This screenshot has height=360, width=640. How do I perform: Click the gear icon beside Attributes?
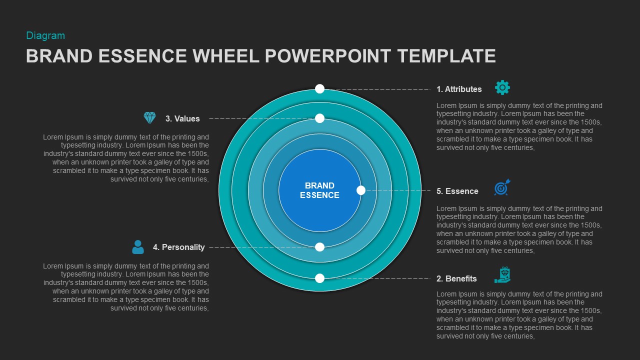(x=502, y=88)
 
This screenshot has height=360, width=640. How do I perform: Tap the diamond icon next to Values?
(x=149, y=118)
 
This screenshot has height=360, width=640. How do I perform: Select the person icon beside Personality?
(x=137, y=247)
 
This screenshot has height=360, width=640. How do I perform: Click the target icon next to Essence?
(x=502, y=187)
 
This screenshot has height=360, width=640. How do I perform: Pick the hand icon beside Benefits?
(x=502, y=275)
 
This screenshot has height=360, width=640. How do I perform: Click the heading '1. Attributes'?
(x=459, y=89)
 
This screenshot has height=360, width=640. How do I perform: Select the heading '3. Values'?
(x=182, y=119)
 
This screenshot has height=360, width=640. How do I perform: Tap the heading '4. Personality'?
(x=178, y=247)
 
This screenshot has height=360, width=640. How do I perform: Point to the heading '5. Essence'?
(x=457, y=191)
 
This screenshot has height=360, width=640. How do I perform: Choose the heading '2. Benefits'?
(x=456, y=279)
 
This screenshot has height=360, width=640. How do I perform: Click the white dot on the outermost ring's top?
(x=320, y=89)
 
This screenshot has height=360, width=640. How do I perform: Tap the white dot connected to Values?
(x=320, y=118)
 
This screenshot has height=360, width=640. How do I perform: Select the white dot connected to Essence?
(x=361, y=190)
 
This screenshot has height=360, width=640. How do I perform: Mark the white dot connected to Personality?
(x=320, y=247)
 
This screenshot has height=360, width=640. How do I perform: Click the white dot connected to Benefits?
(x=320, y=278)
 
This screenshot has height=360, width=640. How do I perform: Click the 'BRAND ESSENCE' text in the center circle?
(x=319, y=190)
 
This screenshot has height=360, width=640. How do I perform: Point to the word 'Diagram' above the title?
(x=45, y=35)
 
